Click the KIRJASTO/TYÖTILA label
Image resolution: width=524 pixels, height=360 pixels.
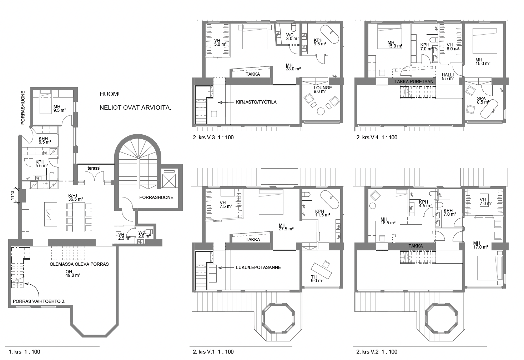tap(256, 102)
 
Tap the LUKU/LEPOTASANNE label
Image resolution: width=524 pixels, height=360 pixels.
tap(258, 267)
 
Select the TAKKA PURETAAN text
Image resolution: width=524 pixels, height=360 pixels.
tap(414, 82)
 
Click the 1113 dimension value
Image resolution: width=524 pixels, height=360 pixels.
tap(12, 195)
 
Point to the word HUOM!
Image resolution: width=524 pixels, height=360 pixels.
tap(110, 94)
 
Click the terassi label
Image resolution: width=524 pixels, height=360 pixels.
tap(94, 168)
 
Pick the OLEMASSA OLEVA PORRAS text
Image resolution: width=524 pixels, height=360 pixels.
tap(79, 264)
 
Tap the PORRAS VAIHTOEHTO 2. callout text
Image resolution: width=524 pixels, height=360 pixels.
tap(39, 301)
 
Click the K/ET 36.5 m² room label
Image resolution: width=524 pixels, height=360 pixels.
tap(76, 197)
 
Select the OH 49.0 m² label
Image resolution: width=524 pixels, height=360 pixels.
tap(73, 274)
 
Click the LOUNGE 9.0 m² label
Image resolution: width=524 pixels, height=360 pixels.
tap(323, 89)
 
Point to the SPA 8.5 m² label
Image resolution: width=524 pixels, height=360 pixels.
tap(483, 100)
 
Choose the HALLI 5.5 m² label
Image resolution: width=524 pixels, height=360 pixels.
tap(448, 76)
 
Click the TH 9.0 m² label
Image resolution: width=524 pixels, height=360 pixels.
tap(317, 279)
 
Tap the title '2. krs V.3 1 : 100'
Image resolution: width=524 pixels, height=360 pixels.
tap(213, 137)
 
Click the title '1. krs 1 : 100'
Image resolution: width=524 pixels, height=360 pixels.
tap(24, 351)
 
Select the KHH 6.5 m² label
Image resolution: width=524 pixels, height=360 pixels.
tap(45, 140)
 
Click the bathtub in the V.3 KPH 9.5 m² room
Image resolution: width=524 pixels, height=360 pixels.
tap(329, 34)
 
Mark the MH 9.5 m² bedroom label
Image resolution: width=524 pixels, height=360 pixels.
tap(59, 108)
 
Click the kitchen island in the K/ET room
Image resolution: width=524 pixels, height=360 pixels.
tap(51, 214)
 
